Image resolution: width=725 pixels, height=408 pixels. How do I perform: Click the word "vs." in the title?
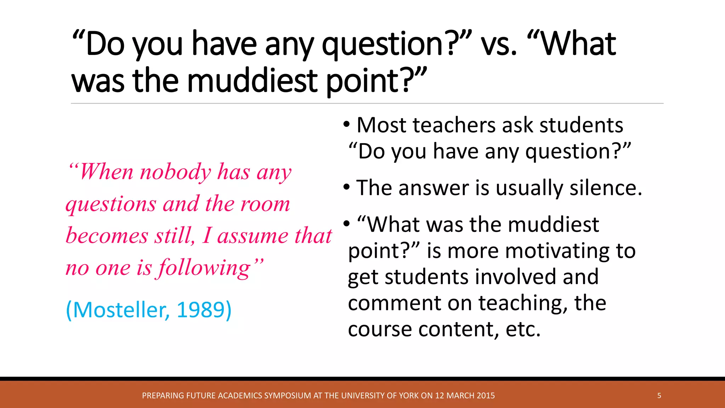tap(499, 45)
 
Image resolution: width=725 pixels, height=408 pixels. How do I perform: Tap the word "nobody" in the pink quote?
tap(176, 172)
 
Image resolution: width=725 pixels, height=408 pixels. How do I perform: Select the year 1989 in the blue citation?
tap(200, 310)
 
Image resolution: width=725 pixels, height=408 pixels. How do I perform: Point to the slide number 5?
tap(659, 396)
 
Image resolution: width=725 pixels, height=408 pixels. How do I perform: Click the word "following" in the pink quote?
tap(204, 268)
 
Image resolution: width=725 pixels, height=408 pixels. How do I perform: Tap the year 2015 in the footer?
tap(485, 396)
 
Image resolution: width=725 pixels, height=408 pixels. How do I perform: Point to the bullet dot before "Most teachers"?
tap(347, 124)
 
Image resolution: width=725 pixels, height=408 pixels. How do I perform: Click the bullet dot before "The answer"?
tap(347, 187)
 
